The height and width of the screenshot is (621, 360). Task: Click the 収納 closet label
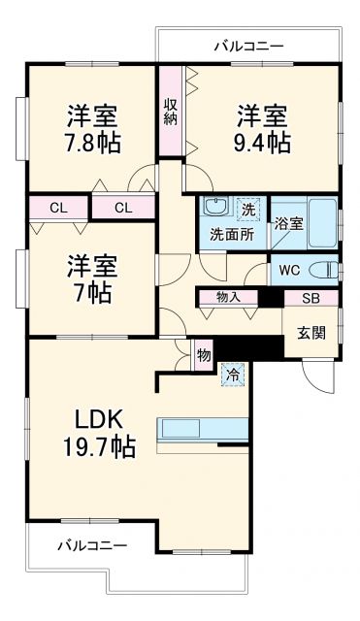(x=171, y=111)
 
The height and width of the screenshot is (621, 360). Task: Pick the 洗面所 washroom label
(x=232, y=234)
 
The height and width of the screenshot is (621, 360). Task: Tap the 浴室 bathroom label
(x=287, y=223)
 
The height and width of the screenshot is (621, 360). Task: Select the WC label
(x=289, y=269)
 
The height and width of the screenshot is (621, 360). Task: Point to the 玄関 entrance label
(x=311, y=331)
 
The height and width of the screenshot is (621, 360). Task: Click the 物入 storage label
(x=229, y=298)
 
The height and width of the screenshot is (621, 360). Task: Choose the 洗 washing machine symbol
(x=249, y=207)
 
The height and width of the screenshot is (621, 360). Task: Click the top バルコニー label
(x=248, y=46)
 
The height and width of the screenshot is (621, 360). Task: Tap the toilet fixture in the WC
(x=328, y=269)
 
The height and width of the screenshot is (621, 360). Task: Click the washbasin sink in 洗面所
(x=214, y=208)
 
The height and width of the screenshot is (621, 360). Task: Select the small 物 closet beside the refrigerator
(x=203, y=355)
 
